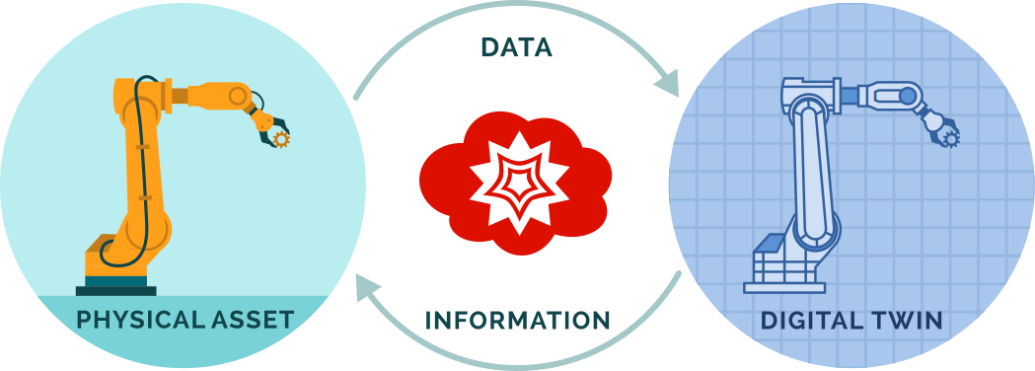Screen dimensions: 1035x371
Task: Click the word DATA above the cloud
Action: [516, 47]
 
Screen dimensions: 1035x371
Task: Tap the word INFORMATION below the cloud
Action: [517, 321]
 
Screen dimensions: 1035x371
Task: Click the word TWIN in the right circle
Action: [910, 321]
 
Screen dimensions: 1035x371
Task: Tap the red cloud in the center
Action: [444, 183]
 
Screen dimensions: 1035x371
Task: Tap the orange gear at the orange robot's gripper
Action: [282, 140]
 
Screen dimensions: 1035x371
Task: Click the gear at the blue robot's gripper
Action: [951, 139]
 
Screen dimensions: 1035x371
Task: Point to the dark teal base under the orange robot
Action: [116, 286]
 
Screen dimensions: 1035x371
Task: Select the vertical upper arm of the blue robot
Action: [811, 168]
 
